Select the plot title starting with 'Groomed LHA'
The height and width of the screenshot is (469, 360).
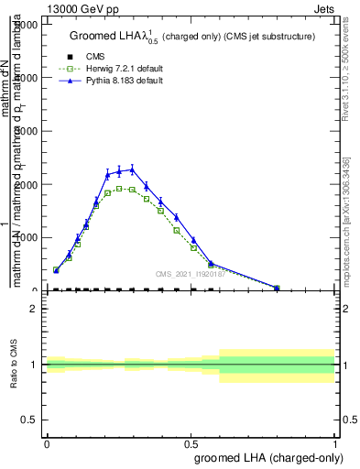192,37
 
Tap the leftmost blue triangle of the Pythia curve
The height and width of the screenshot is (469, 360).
56,270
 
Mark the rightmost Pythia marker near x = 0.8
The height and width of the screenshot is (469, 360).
277,288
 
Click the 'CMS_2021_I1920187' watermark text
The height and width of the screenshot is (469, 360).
191,273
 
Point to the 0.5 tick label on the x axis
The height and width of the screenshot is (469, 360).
191,443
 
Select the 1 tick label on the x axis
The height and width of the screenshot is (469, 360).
335,443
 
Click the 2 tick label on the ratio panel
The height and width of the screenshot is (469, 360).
34,309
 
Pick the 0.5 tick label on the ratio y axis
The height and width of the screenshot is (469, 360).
29,420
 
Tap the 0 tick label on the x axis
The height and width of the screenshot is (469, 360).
46,443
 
